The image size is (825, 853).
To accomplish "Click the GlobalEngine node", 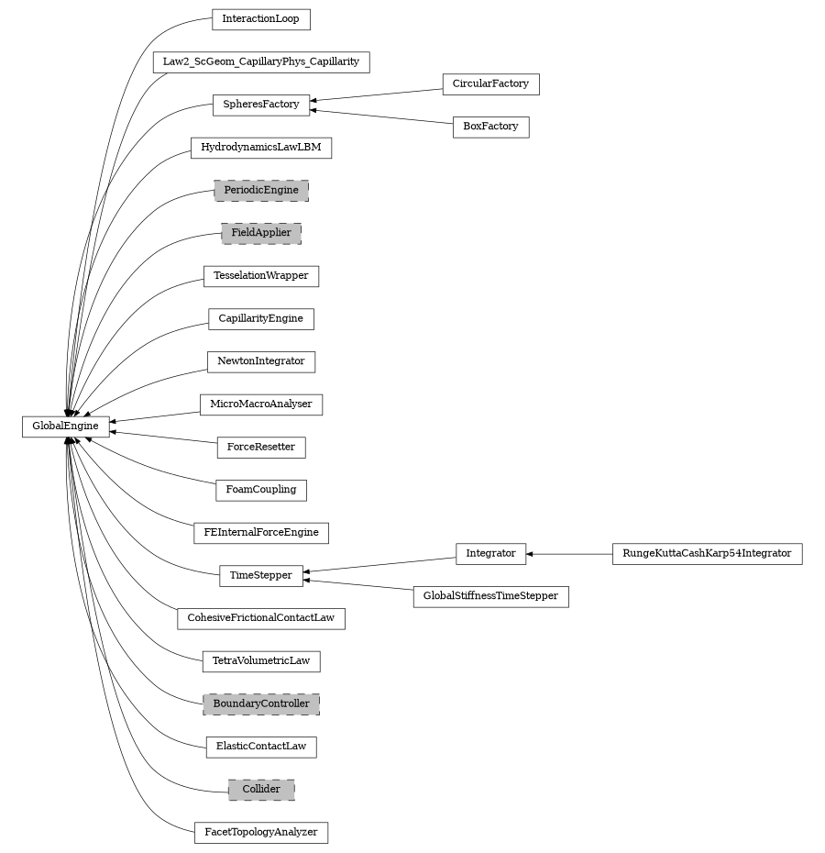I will [x=65, y=426].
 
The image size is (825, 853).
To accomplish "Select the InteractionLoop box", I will [x=260, y=19].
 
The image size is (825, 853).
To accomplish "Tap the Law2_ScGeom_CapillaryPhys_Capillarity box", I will [x=260, y=62].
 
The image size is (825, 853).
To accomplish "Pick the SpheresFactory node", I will [x=260, y=105].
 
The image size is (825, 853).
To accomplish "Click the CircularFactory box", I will [x=490, y=83].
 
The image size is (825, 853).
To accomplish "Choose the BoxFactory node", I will [x=490, y=127].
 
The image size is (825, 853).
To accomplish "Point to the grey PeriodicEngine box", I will [x=260, y=190].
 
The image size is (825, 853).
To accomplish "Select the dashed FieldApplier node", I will [x=260, y=233].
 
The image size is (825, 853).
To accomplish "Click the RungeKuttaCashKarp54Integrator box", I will [x=707, y=554].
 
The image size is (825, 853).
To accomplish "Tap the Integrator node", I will [x=490, y=554].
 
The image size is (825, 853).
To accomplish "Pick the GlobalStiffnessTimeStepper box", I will [x=490, y=596].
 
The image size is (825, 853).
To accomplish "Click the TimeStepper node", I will [x=260, y=576].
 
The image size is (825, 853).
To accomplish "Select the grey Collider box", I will [x=260, y=790].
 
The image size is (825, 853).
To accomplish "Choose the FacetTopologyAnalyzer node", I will [x=260, y=833].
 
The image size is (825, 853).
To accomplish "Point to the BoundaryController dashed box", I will [x=260, y=703].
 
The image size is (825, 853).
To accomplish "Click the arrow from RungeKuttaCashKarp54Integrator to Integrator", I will [x=569, y=554].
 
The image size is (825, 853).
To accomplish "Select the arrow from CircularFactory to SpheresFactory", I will [x=376, y=94].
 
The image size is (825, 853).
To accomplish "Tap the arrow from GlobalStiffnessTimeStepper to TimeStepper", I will [x=357, y=585].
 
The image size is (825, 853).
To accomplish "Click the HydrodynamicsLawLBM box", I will [x=260, y=148].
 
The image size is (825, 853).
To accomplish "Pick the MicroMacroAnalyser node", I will [x=260, y=404].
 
